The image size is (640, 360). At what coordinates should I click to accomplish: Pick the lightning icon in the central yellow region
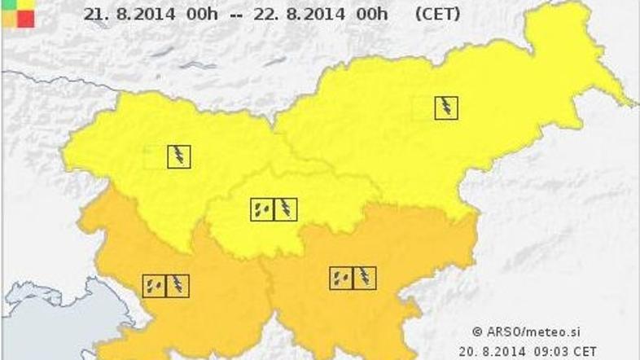(x=285, y=209)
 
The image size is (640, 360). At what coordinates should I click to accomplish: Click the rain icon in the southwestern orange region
(x=154, y=285)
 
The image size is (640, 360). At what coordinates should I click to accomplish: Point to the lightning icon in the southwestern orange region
(x=178, y=285)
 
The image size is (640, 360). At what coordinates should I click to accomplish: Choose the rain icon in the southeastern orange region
(x=341, y=279)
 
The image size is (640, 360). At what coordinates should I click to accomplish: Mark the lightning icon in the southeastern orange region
(x=364, y=279)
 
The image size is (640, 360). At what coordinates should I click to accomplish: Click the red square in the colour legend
(x=25, y=19)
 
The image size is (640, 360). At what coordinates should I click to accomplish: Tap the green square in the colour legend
(x=8, y=4)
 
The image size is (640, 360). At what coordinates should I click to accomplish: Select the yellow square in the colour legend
(x=25, y=4)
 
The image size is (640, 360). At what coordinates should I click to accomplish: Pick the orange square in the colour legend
(x=8, y=19)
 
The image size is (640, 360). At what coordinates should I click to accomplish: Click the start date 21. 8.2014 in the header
(x=120, y=14)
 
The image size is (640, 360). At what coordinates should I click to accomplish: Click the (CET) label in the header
(x=436, y=14)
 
